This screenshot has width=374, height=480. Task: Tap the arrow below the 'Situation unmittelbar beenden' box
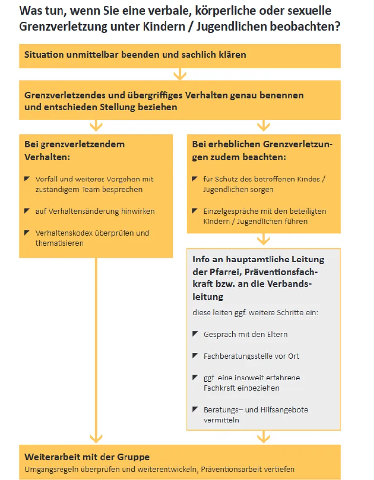pos(180,74)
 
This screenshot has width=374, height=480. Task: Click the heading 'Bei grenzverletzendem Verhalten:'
pos(74,151)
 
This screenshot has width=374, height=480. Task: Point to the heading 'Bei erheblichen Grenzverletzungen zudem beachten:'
pos(262,151)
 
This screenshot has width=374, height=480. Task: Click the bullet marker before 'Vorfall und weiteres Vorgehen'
pos(27,179)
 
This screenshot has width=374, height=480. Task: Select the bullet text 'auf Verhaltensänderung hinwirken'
pos(95,211)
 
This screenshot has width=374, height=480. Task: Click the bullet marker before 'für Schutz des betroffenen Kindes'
pos(195,179)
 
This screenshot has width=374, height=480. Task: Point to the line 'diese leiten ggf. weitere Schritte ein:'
pos(255,312)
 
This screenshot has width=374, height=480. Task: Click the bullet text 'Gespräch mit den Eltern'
pos(245,334)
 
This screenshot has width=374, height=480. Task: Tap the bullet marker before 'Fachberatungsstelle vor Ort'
pos(195,356)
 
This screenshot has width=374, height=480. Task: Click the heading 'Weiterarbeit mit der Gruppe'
pos(87,457)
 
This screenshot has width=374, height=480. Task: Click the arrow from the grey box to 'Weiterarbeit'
pos(263,437)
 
